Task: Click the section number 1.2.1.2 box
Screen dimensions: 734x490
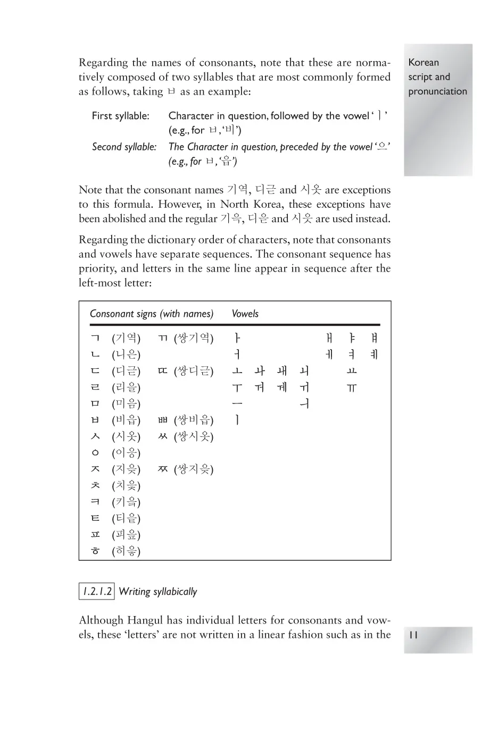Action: point(96,592)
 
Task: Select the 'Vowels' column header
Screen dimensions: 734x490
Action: point(245,314)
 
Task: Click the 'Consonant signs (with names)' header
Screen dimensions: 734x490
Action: point(152,314)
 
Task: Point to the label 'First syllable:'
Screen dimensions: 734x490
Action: point(120,116)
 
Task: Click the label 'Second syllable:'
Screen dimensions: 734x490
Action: point(124,147)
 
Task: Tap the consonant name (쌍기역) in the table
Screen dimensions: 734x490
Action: point(194,338)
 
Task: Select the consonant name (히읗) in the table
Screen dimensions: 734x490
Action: point(126,551)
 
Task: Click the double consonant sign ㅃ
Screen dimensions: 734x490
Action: point(163,420)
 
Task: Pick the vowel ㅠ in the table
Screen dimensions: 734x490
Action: point(352,388)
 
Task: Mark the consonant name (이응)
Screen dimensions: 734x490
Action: point(126,453)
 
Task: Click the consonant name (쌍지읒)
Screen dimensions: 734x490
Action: point(194,469)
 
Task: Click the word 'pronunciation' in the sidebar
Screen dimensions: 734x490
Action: point(437,91)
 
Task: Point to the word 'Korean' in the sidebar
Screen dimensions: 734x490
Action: point(423,63)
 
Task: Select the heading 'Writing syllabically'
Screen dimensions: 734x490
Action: point(158,592)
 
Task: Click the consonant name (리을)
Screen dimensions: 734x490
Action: point(126,387)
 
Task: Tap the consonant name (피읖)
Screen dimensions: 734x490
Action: point(126,535)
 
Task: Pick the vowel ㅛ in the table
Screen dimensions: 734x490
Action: point(352,371)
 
